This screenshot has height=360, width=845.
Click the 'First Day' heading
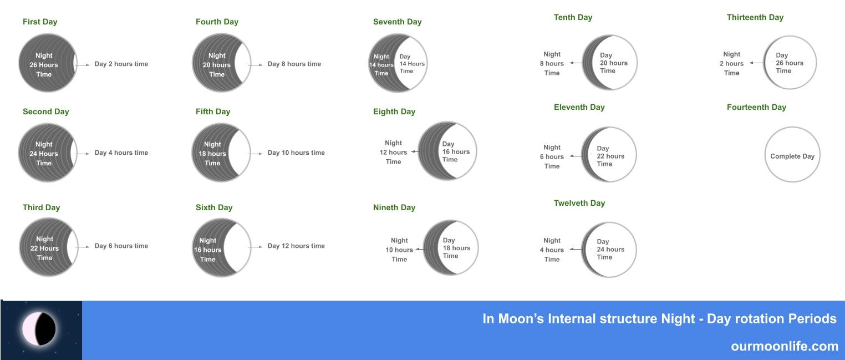tap(40, 22)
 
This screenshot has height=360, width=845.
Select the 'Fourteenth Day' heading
tap(756, 107)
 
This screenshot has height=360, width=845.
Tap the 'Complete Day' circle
tap(792, 154)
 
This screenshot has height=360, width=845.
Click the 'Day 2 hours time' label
tap(121, 64)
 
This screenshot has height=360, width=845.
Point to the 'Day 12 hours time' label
tap(296, 246)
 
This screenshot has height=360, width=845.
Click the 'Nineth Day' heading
tap(394, 207)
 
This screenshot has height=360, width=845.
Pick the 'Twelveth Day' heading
tap(579, 203)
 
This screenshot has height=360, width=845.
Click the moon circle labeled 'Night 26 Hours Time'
tap(48, 63)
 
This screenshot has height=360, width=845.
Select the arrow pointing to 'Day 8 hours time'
tap(256, 65)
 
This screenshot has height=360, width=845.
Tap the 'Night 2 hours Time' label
tap(731, 63)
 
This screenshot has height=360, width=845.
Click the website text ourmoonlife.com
tap(785, 346)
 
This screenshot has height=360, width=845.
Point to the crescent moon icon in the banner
tap(39, 329)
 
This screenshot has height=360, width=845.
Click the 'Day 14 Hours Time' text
tap(412, 64)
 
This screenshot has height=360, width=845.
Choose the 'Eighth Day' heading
tap(394, 111)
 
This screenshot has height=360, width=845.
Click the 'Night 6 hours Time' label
tap(552, 156)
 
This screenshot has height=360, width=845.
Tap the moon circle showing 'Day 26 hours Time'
tap(790, 63)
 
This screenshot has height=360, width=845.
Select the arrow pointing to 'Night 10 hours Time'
tap(420, 250)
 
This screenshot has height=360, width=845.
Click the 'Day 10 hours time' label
tap(296, 153)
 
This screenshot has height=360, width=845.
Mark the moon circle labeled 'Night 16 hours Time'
tap(221, 247)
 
